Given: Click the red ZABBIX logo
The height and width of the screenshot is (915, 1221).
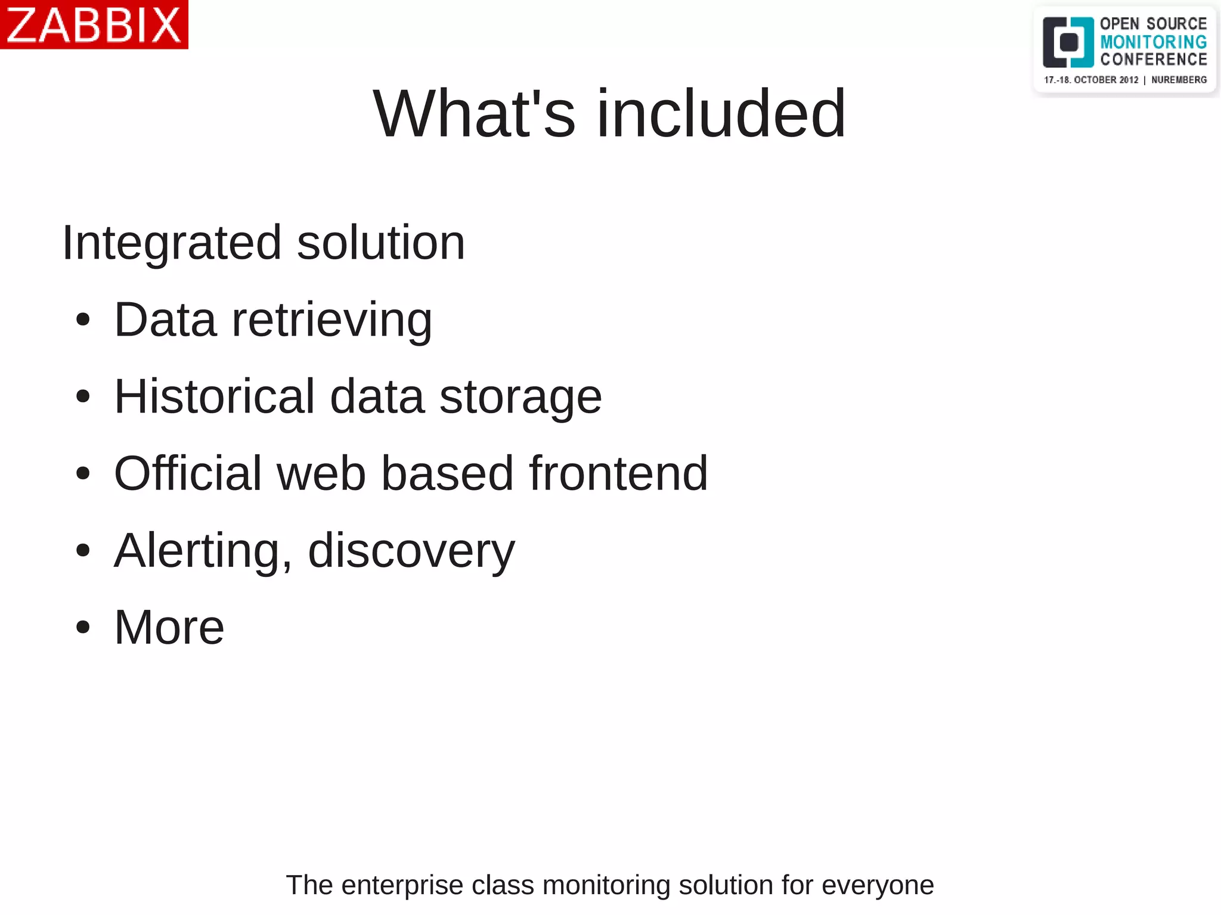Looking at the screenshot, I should [x=94, y=24].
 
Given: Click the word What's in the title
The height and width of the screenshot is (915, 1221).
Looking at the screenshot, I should [x=475, y=113].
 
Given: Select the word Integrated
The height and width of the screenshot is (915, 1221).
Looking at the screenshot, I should [x=172, y=243].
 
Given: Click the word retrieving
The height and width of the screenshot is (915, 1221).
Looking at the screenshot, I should [x=331, y=321].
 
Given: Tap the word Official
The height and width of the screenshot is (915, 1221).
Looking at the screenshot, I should [x=188, y=473].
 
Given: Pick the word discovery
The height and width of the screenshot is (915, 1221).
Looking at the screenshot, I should [x=411, y=551].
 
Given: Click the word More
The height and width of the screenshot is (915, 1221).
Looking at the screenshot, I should [x=169, y=628].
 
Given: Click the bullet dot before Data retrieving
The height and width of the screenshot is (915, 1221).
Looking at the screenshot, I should [x=83, y=320].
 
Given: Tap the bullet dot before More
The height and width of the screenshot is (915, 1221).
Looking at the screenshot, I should [x=83, y=628].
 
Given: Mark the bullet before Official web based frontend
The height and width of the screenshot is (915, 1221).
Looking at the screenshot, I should [x=83, y=474].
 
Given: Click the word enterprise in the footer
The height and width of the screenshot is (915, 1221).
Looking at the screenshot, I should [x=402, y=885].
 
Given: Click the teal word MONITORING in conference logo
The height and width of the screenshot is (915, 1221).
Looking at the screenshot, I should [x=1153, y=42].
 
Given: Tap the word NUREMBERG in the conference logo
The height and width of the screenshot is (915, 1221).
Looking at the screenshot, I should [x=1179, y=80].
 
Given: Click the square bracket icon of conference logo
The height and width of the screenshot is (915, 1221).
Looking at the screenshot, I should [x=1068, y=42].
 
